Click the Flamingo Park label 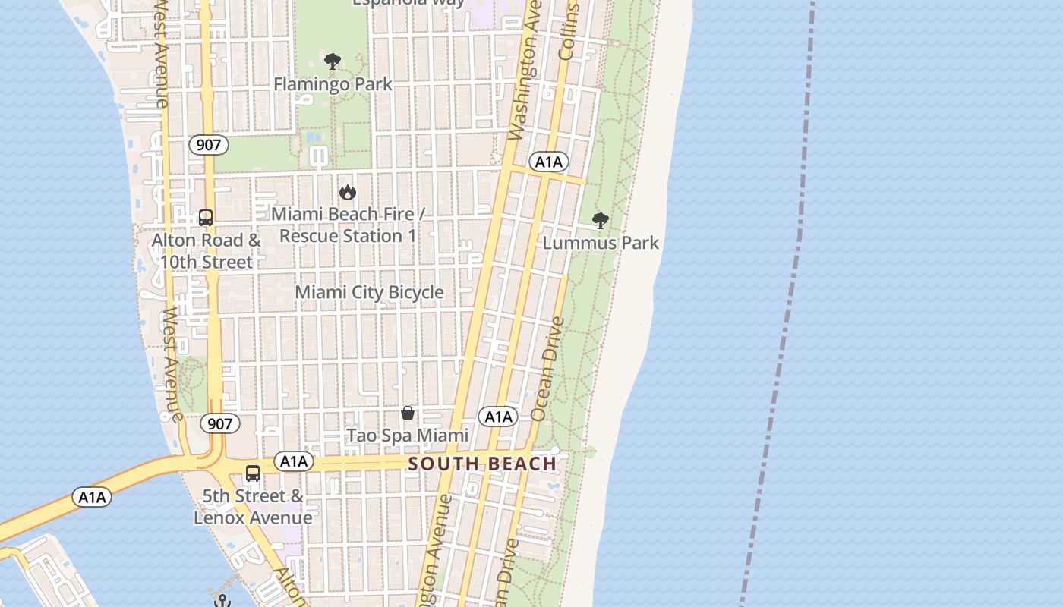(x=333, y=83)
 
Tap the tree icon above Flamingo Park (x=332, y=61)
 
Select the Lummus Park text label (x=601, y=243)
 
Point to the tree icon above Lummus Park (x=601, y=221)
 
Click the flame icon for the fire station (x=348, y=192)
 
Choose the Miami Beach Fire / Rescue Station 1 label (x=348, y=225)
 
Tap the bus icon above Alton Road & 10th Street (x=205, y=218)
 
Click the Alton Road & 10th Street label (x=206, y=251)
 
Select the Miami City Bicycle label (x=369, y=292)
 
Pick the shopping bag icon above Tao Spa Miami (x=408, y=413)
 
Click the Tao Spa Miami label (x=408, y=436)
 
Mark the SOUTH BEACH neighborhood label (x=482, y=464)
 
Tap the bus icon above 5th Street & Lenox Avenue (x=253, y=473)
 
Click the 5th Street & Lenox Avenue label (x=253, y=507)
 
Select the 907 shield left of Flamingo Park (x=208, y=145)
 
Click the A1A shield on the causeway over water (x=92, y=497)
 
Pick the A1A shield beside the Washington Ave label (x=548, y=162)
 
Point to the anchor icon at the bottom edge (x=222, y=601)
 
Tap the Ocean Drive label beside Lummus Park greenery (x=548, y=368)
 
